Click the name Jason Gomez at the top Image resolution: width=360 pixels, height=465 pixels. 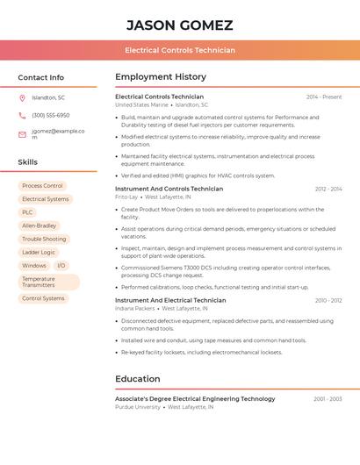pos(179,25)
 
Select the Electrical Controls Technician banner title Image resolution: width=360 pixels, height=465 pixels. pos(179,50)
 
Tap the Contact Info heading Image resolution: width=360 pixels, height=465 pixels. pos(40,77)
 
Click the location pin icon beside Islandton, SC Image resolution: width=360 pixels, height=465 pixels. pos(22,97)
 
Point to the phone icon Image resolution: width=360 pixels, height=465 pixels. pos(22,115)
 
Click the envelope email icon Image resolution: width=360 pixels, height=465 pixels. pos(22,134)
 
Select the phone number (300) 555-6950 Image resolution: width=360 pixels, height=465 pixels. pos(51,115)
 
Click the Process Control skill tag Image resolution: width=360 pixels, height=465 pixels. pos(42,186)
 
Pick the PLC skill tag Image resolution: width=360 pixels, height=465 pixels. pos(27,212)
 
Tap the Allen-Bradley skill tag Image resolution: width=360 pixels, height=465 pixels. pos(39,225)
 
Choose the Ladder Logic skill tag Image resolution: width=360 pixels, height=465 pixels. pos(39,253)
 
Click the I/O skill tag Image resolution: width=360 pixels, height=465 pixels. pos(61,266)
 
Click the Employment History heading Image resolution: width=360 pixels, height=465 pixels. pos(161,77)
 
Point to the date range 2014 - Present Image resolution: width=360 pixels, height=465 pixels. pos(323,97)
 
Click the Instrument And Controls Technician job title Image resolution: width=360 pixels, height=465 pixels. pos(169,189)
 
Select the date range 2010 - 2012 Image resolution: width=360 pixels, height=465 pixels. pos(328,300)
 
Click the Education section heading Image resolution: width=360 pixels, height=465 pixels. pos(137,379)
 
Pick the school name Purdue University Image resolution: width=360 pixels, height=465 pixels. pos(138,407)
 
